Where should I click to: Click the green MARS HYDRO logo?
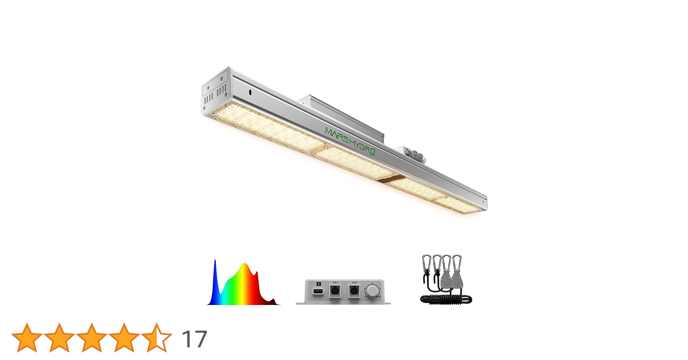[x=350, y=141]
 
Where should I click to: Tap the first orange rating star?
[x=27, y=337]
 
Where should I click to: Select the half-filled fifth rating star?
[x=157, y=337]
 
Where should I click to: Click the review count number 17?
[x=194, y=339]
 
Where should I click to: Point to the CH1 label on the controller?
[x=335, y=283]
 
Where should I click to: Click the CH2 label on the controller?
[x=354, y=283]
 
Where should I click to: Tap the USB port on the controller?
[x=318, y=291]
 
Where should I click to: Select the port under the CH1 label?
[x=335, y=291]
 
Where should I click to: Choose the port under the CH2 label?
[x=354, y=291]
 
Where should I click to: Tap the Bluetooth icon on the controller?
[x=318, y=284]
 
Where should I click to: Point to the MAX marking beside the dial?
[x=378, y=297]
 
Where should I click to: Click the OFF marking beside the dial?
[x=367, y=297]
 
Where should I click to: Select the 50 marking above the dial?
[x=372, y=284]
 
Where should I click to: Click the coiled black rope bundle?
[x=446, y=299]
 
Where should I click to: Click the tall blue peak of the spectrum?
[x=215, y=274]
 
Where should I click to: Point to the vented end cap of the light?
[x=216, y=92]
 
